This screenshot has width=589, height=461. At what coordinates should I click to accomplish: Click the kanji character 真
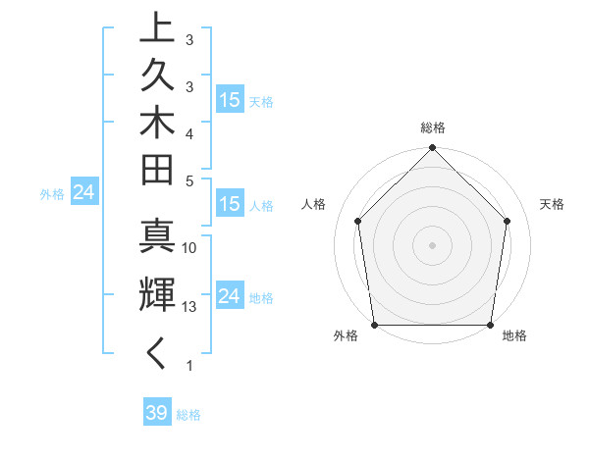[x=157, y=239]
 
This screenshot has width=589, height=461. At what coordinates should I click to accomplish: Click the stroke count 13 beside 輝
[x=189, y=307]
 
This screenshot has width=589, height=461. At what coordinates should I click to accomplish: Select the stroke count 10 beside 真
[x=189, y=248]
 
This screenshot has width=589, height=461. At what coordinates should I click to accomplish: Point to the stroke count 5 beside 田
[x=189, y=180]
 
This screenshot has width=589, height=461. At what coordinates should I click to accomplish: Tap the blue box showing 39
[x=157, y=413]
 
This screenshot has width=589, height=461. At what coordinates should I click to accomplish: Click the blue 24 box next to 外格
[x=84, y=193]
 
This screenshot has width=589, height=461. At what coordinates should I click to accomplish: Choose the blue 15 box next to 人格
[x=230, y=205]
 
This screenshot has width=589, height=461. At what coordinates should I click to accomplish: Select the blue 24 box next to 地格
[x=230, y=296]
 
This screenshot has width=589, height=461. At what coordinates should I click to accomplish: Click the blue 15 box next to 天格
[x=230, y=100]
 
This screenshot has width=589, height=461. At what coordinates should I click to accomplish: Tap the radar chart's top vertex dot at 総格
[x=432, y=149]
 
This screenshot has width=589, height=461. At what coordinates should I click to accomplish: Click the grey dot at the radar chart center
[x=432, y=244]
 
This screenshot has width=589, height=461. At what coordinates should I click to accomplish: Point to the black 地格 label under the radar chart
[x=514, y=336]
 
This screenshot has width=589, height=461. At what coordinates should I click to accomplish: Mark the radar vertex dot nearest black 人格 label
[x=357, y=221]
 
